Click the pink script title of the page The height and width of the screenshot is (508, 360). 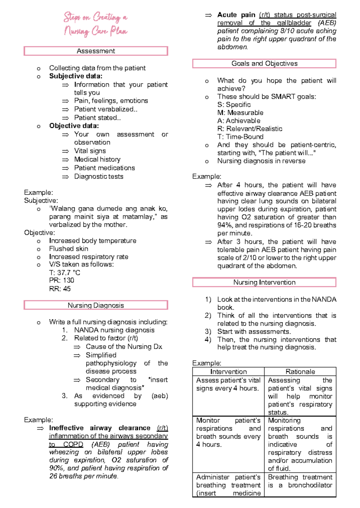pyautogui.click(x=95, y=24)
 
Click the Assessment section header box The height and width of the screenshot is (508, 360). pyautogui.click(x=96, y=51)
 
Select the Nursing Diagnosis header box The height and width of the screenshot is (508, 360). pyautogui.click(x=96, y=305)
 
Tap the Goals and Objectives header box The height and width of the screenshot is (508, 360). pyautogui.click(x=264, y=64)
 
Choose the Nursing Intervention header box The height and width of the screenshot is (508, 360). pyautogui.click(x=264, y=282)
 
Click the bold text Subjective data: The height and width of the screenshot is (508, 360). pyautogui.click(x=76, y=76)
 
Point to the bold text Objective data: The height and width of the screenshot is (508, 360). pyautogui.click(x=74, y=126)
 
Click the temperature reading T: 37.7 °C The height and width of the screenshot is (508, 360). pyautogui.click(x=64, y=273)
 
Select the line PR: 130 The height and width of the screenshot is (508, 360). pyautogui.click(x=61, y=280)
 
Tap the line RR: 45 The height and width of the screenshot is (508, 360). pyautogui.click(x=60, y=289)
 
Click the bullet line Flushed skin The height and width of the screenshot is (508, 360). pyautogui.click(x=68, y=249)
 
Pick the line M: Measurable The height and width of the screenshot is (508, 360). pyautogui.click(x=240, y=113)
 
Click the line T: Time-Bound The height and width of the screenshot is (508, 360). pyautogui.click(x=240, y=137)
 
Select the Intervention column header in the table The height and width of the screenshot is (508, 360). pyautogui.click(x=228, y=372)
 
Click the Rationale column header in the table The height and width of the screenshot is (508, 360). pyautogui.click(x=300, y=372)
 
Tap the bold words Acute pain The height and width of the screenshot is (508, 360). pyautogui.click(x=236, y=15)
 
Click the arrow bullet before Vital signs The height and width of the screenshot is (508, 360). pyautogui.click(x=65, y=151)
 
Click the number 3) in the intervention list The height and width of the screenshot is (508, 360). pyautogui.click(x=208, y=332)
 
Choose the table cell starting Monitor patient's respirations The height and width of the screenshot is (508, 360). pyautogui.click(x=228, y=432)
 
